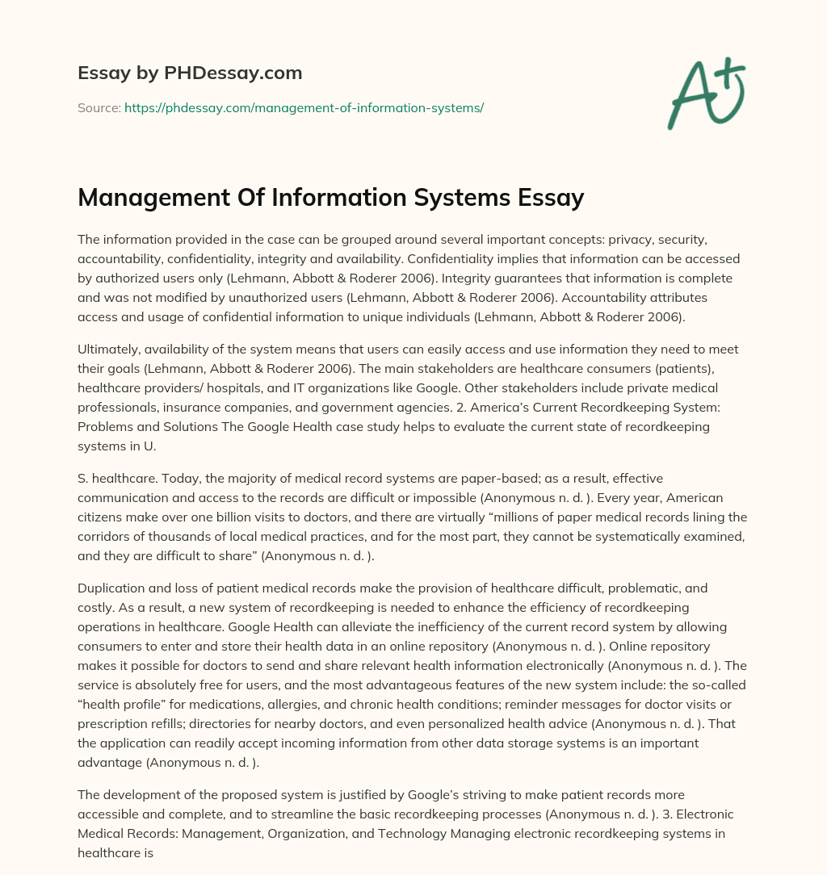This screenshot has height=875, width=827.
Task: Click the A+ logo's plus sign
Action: (x=733, y=72)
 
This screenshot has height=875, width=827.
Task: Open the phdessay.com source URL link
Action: (x=304, y=107)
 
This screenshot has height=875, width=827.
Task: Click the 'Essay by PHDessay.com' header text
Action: (x=190, y=73)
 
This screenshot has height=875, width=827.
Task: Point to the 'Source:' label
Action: (x=99, y=107)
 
